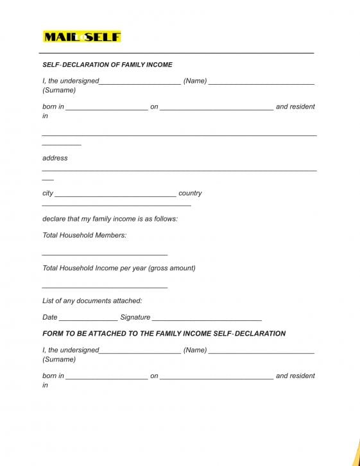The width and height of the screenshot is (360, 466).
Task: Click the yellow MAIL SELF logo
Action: coord(81,37)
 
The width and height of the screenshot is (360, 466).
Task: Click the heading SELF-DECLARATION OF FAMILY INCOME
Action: coord(107,65)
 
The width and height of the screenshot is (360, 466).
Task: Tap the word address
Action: coord(55,158)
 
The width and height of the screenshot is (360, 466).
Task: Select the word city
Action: coord(47,193)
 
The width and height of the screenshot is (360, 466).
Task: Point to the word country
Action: coord(190,193)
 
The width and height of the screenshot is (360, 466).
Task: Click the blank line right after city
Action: coord(116,196)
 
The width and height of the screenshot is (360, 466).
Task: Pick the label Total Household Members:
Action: coord(84,236)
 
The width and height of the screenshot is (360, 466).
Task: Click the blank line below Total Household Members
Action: coord(105,255)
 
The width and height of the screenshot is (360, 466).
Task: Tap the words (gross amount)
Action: coord(171,268)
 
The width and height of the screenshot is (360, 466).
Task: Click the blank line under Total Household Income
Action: coord(105,288)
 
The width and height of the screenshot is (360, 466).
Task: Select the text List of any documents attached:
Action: coord(92,301)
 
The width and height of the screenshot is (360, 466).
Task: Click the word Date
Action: coord(49,317)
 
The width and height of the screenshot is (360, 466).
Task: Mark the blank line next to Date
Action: coord(88,320)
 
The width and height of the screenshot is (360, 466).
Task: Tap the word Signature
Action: coord(135,317)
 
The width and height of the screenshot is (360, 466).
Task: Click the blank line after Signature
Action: coord(207,320)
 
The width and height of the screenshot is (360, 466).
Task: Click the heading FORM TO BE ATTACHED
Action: coord(164,334)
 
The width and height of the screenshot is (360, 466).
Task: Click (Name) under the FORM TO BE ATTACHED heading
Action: coord(195,350)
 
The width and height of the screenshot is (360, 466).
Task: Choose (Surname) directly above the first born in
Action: coord(59,90)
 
